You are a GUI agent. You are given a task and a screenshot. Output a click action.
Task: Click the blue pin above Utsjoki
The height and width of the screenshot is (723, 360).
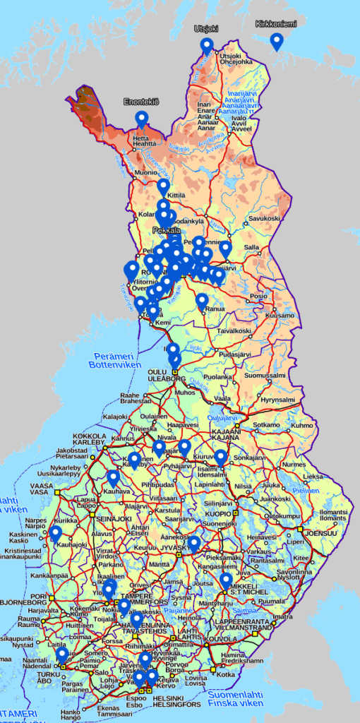206,46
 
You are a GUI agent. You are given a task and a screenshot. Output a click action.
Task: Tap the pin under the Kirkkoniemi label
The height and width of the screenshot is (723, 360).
277,42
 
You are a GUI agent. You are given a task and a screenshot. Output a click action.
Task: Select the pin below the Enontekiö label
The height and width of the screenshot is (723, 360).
142,119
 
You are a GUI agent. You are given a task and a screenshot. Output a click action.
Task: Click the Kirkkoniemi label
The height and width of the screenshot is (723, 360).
277,23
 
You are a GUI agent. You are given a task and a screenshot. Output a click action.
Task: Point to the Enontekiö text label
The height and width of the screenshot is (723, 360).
141,102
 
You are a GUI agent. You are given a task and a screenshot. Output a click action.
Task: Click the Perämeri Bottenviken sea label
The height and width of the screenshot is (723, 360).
106,359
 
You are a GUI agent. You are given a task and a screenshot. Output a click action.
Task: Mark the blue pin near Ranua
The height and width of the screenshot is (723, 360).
202,302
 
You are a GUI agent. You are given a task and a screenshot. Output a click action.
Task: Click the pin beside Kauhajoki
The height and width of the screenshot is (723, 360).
55,534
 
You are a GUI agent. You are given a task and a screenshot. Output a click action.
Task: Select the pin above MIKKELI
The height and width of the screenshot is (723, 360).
226,580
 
